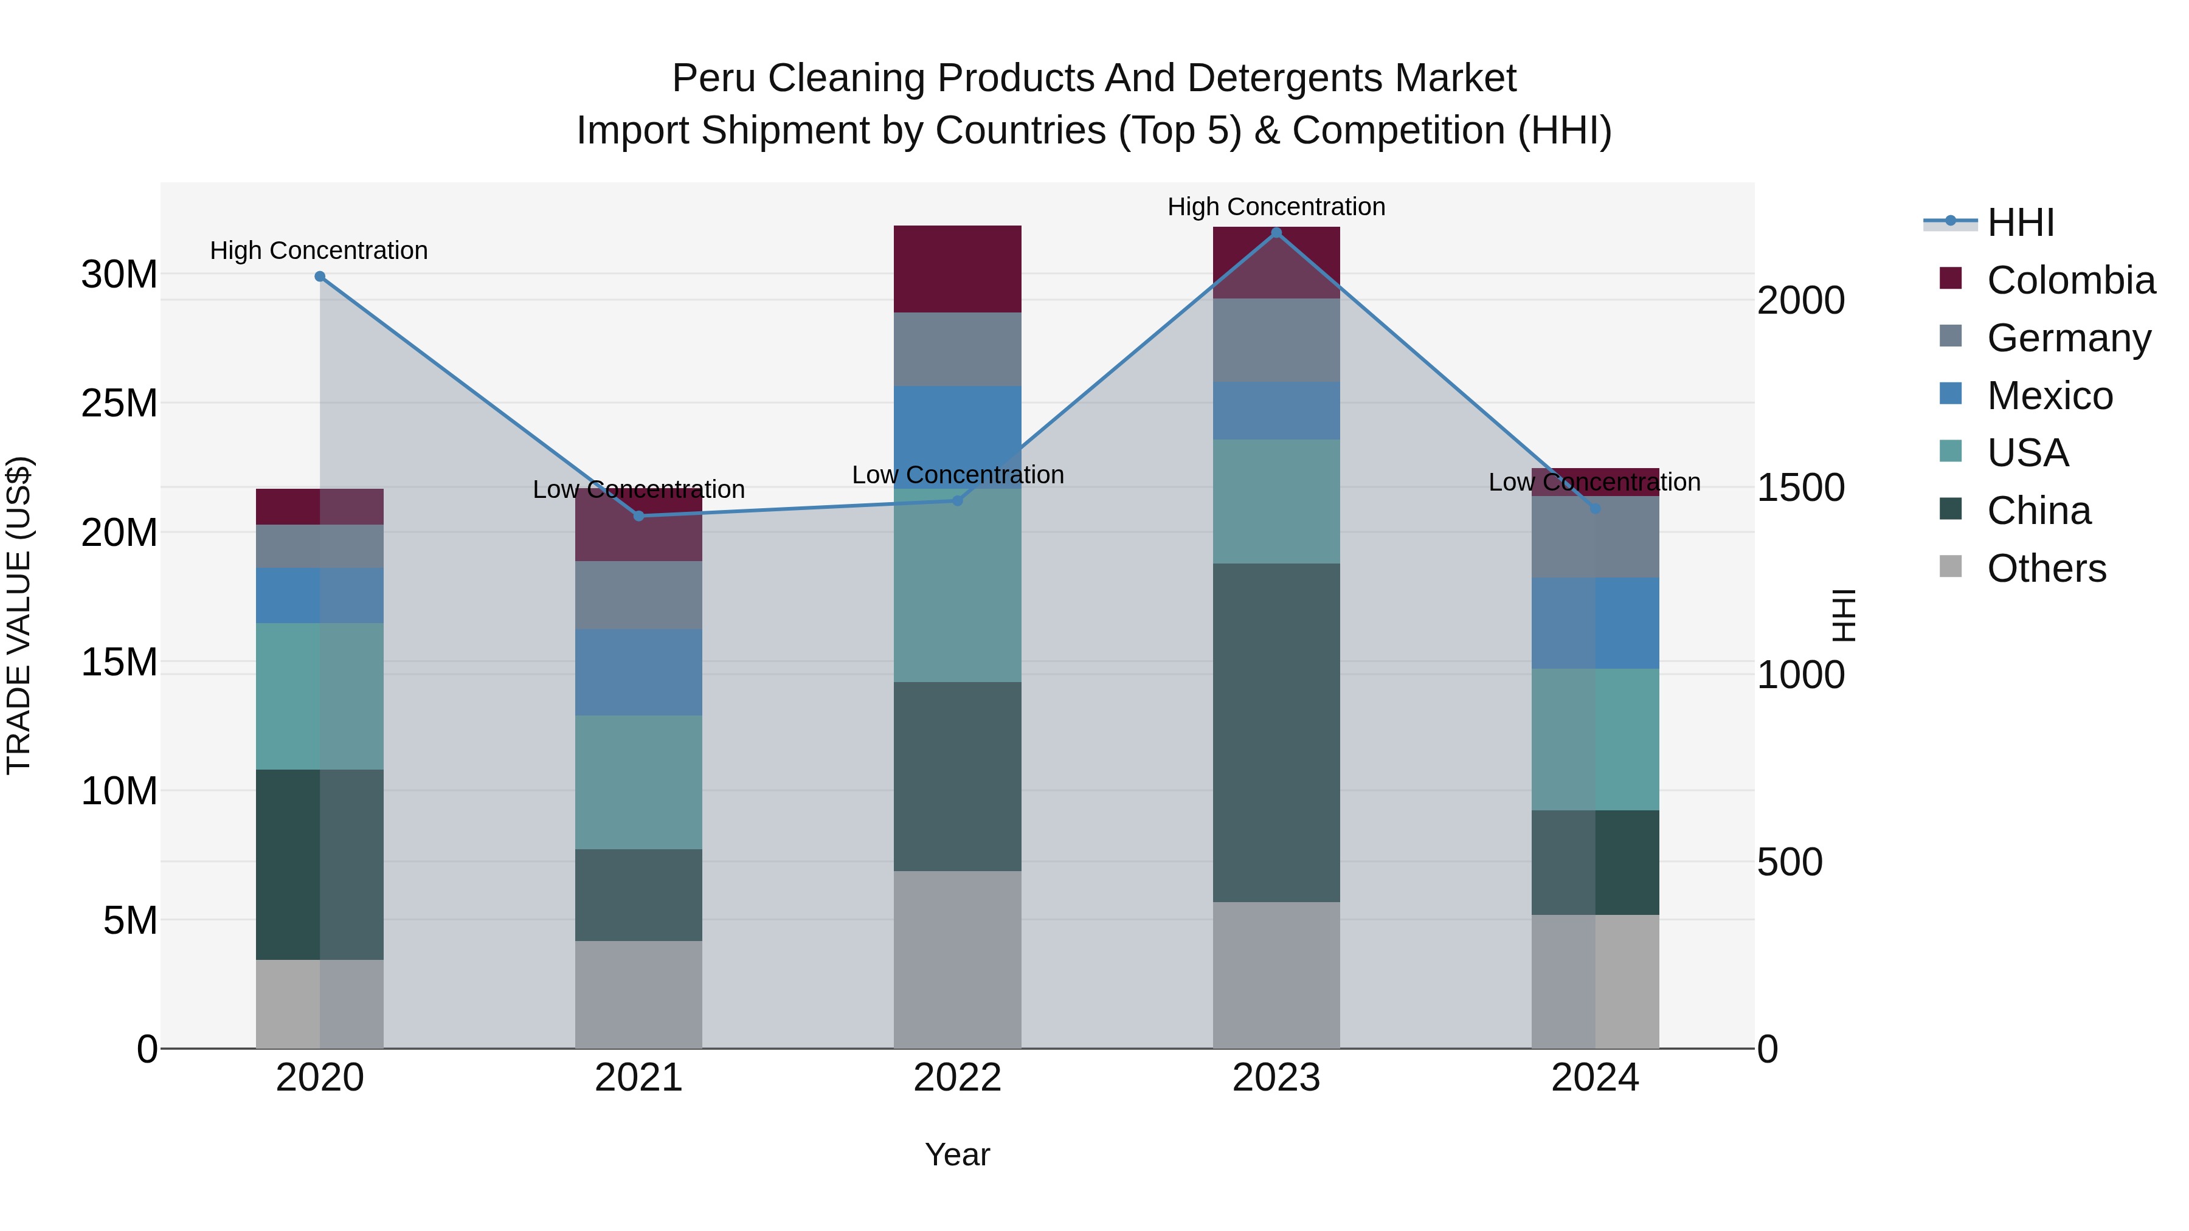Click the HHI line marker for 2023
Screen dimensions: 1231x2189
[1276, 233]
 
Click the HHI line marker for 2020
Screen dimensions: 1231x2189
[319, 276]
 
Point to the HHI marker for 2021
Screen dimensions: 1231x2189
[639, 516]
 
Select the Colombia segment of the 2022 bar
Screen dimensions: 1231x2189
[957, 269]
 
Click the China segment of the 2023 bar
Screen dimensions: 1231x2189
[1276, 733]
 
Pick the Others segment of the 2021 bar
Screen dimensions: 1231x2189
[638, 994]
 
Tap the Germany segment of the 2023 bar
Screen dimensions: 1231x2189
[1276, 340]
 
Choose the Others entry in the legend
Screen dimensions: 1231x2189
[2045, 568]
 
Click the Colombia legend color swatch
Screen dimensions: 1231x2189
[1950, 278]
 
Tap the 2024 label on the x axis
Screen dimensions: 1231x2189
[1594, 1078]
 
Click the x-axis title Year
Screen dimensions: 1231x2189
[957, 1154]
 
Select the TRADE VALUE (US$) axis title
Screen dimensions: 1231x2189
[19, 615]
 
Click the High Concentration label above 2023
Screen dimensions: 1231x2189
[1276, 207]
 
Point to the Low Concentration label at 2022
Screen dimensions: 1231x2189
[957, 475]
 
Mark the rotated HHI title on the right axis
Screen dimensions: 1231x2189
[1843, 615]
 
